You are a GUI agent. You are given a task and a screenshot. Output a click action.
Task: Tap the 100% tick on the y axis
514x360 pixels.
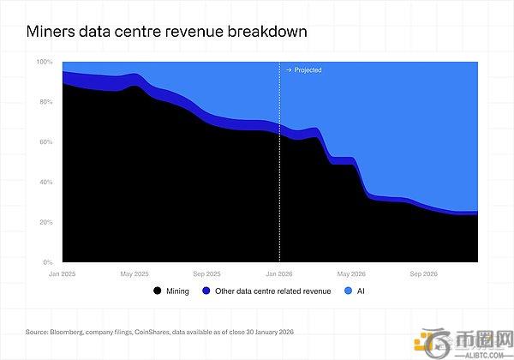[x=45, y=63]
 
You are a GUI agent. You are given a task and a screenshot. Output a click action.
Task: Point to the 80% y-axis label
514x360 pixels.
[x=45, y=102]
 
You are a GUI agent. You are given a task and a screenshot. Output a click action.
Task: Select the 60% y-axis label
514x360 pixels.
[x=45, y=142]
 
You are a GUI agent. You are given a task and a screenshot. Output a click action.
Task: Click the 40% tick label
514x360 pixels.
[x=45, y=182]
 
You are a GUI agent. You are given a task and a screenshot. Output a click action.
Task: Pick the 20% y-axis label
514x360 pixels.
[x=45, y=222]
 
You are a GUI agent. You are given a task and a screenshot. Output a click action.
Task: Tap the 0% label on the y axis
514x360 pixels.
[x=48, y=261]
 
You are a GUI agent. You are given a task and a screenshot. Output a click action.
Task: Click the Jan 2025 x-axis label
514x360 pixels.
[x=63, y=273]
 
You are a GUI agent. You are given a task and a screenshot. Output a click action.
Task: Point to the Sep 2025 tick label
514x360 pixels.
[x=206, y=273]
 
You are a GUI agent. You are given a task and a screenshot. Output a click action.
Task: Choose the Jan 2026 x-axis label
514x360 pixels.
[x=279, y=273]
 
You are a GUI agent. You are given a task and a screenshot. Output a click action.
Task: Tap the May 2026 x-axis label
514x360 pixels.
[x=351, y=273]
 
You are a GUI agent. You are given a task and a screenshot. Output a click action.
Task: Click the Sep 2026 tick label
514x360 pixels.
[x=423, y=273]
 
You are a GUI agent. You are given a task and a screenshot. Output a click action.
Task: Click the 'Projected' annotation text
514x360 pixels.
[x=308, y=70]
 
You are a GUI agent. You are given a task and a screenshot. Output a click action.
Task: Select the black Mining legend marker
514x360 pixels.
[x=157, y=292]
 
